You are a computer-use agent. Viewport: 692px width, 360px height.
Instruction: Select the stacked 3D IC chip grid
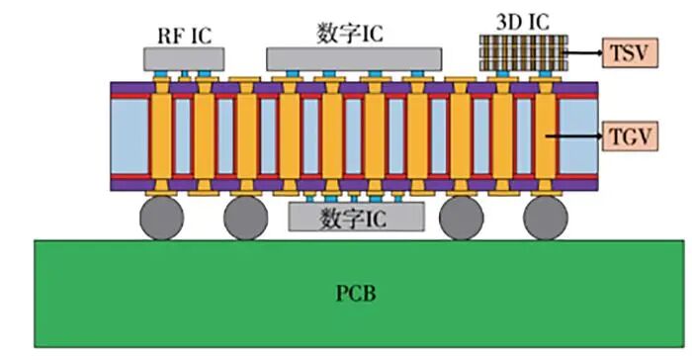(x=522, y=51)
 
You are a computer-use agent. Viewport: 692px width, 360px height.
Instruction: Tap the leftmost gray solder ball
(x=160, y=220)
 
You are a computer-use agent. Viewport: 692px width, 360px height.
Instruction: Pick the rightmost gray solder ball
(x=546, y=220)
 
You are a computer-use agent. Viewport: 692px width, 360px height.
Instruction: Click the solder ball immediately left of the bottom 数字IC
(x=246, y=220)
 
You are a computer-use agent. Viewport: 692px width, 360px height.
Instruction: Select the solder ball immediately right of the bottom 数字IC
(x=461, y=220)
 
